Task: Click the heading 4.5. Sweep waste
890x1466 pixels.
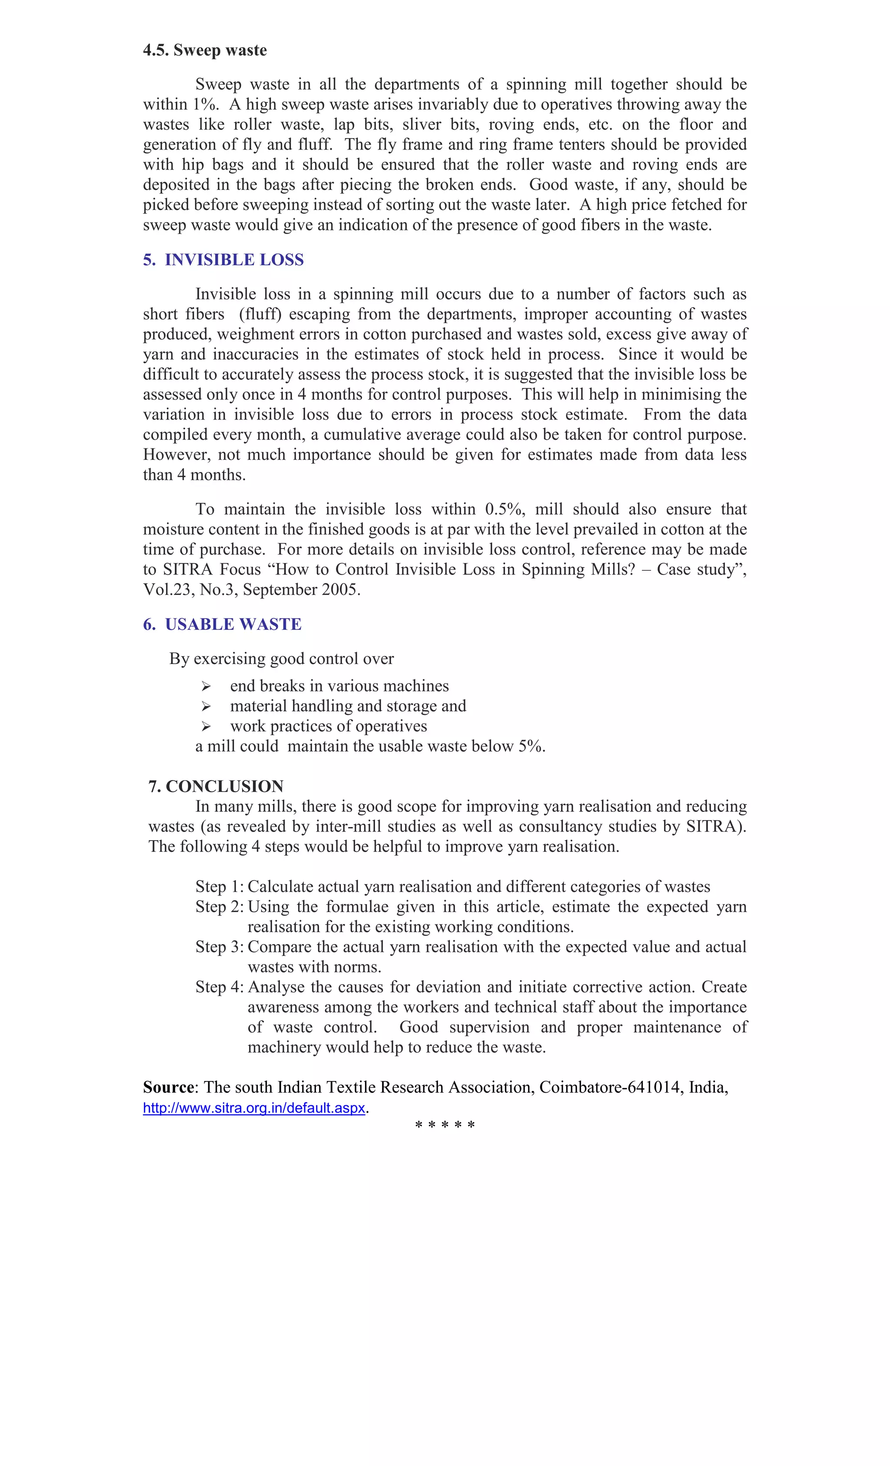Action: point(205,50)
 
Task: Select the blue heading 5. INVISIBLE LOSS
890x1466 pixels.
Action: point(223,260)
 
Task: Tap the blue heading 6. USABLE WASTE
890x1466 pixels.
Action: point(222,624)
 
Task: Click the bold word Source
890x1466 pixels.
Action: point(168,1087)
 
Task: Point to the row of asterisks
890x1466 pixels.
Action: point(445,1125)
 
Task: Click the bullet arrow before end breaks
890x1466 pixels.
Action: point(206,687)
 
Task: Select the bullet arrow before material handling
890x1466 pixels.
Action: point(206,706)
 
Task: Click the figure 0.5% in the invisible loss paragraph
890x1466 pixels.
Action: point(505,509)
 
